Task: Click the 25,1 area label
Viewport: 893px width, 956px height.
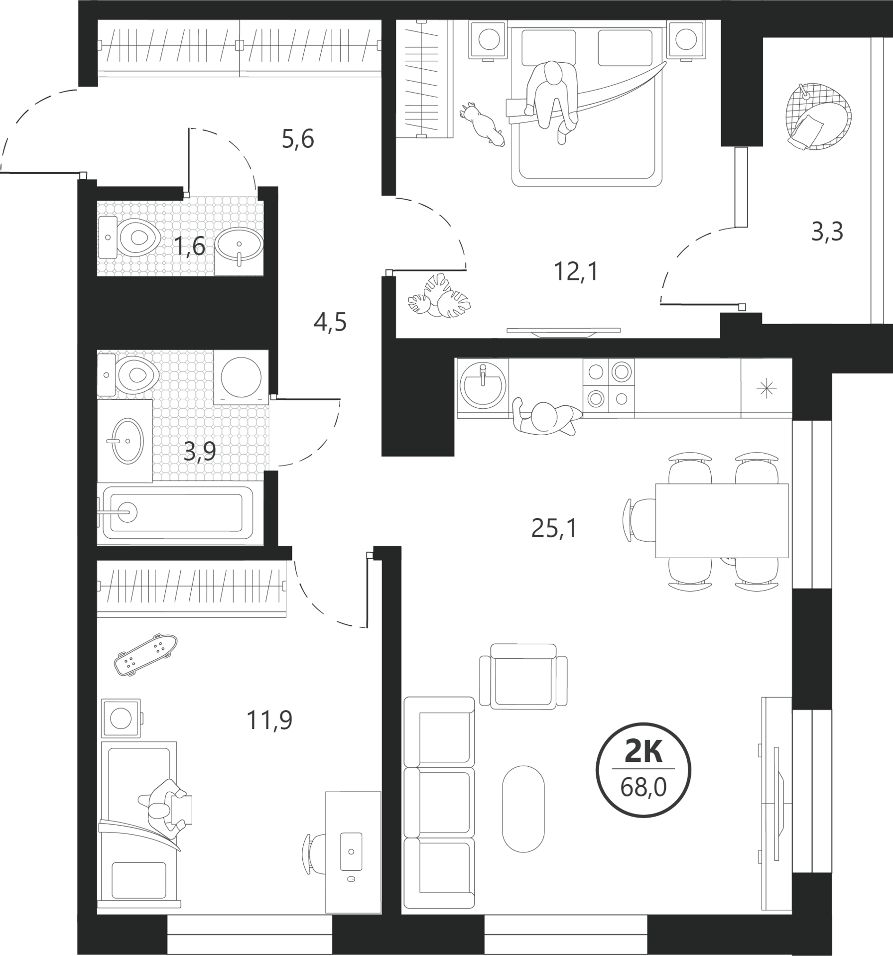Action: click(554, 529)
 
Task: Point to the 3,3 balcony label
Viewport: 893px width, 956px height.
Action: click(827, 232)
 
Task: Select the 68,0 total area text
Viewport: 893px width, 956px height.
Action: click(643, 788)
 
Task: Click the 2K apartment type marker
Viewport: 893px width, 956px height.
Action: click(643, 752)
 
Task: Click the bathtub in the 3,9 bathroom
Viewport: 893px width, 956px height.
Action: click(178, 513)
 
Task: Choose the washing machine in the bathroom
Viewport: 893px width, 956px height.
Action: click(241, 377)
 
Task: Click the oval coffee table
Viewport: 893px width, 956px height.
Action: click(523, 809)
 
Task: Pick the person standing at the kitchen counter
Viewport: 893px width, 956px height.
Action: click(546, 416)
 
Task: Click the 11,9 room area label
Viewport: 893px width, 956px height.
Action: click(269, 720)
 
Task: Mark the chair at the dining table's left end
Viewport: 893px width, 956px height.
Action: click(639, 520)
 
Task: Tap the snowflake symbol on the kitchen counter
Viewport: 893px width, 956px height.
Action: click(766, 389)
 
